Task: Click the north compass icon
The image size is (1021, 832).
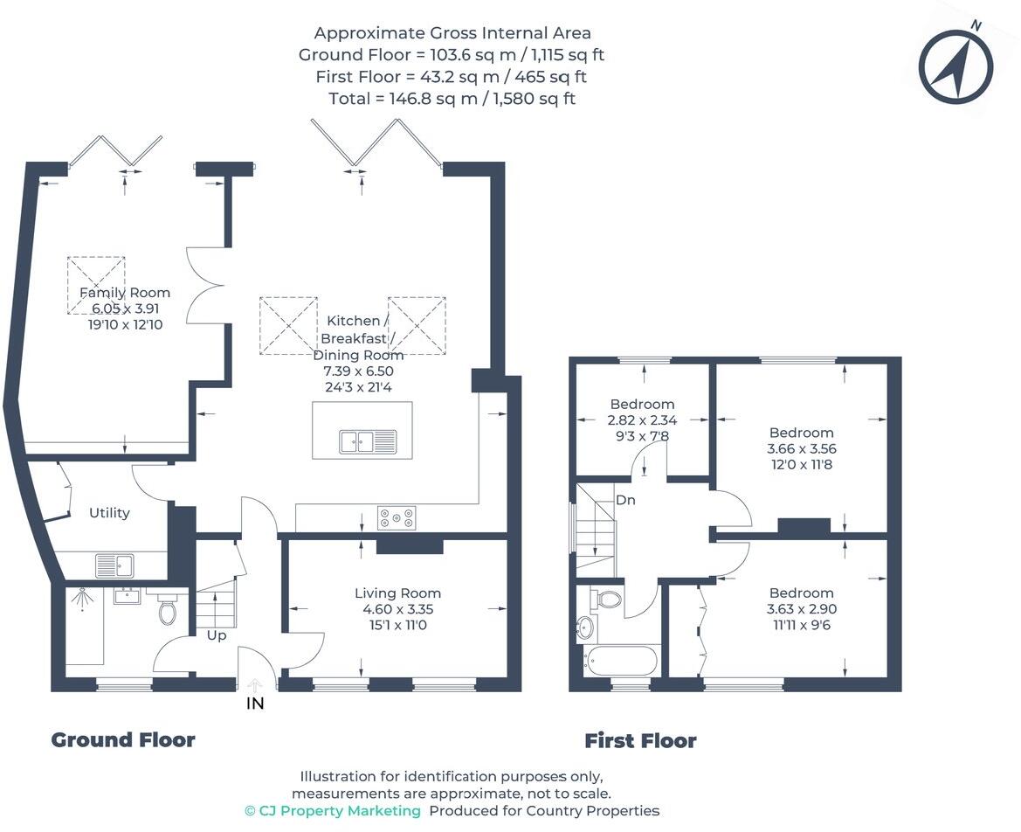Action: coord(956,66)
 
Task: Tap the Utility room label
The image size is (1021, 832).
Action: coord(109,513)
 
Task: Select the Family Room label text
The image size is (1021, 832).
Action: coord(125,293)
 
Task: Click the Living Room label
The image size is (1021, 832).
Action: coord(397,593)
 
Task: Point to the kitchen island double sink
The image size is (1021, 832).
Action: coord(369,441)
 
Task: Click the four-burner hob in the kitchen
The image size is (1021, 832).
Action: coord(397,518)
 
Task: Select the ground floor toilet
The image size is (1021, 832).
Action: coord(168,608)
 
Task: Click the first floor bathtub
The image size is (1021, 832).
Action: coord(619,661)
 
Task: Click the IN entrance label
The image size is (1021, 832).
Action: coord(255,703)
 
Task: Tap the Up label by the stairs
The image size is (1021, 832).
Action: coord(217,635)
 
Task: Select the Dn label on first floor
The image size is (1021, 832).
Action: coord(625,501)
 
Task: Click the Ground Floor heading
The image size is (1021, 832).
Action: coord(123,740)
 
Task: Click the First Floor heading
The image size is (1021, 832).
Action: coord(640,741)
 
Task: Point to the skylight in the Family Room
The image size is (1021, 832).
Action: coord(96,285)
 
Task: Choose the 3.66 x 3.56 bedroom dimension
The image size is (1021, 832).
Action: coord(801,448)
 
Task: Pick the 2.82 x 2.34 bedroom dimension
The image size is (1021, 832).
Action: coord(642,419)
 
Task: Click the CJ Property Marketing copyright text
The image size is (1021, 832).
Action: coord(333,811)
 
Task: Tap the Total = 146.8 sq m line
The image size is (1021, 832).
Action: coord(452,99)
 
